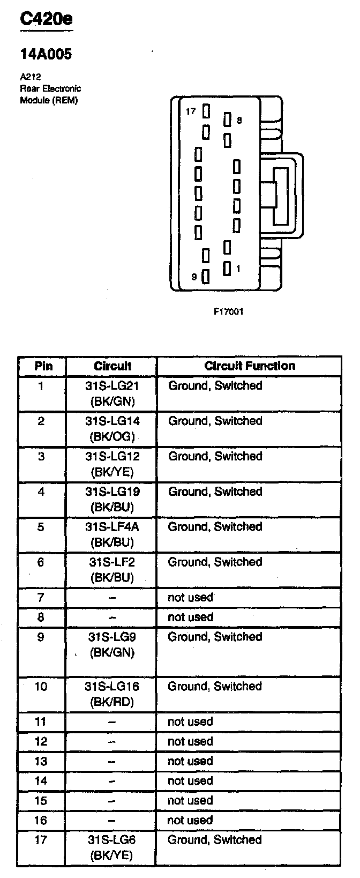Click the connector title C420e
[46, 18]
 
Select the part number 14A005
[46, 54]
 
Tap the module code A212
[31, 77]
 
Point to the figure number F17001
[229, 311]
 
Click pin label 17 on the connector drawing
[191, 111]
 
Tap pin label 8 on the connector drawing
[239, 120]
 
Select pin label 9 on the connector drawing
[194, 277]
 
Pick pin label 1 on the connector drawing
[238, 269]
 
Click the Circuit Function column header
[250, 366]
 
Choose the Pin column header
[43, 366]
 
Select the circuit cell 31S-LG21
[112, 386]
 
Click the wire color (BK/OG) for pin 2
[112, 437]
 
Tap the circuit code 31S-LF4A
[112, 526]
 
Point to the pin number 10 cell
[41, 686]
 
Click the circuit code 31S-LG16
[112, 686]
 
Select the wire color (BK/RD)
[112, 702]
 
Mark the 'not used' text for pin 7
[190, 597]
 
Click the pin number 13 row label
[41, 761]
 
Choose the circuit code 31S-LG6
[111, 839]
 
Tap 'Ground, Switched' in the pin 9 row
[215, 637]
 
